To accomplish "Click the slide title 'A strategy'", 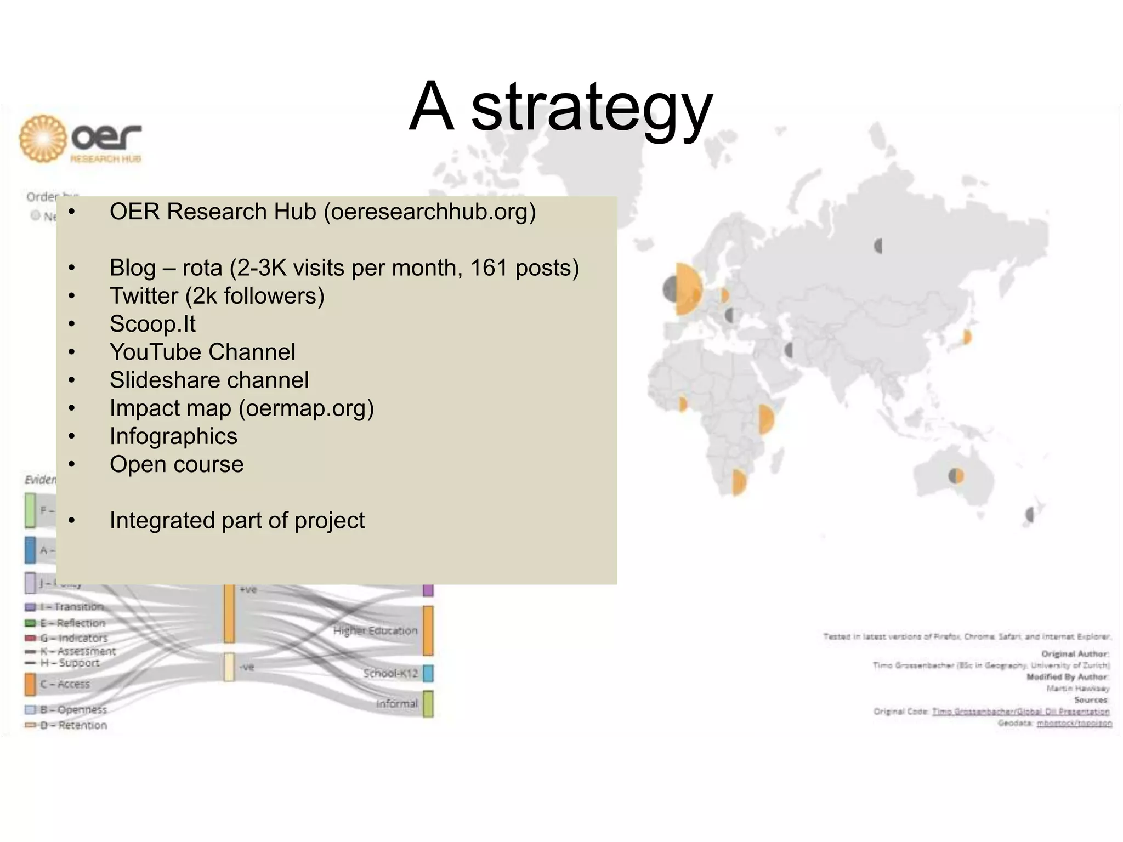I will point(560,107).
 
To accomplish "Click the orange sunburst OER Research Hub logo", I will point(43,138).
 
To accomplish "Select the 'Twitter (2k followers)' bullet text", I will point(217,296).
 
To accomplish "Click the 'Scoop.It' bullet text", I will point(152,324).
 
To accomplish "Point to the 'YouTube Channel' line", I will point(202,352).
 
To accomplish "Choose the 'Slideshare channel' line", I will point(209,380).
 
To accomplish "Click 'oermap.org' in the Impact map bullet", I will point(306,408).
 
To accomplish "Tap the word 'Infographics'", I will point(173,436).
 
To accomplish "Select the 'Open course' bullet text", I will point(177,464).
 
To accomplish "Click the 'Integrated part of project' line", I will point(237,521).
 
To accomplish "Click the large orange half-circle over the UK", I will point(689,289).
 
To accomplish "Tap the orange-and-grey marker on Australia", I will point(956,475).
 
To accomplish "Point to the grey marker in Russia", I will point(878,246).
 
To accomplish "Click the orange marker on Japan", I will point(967,337).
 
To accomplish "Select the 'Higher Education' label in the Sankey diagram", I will point(375,631).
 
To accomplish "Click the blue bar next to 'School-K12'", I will point(428,673).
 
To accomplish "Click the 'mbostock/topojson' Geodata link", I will point(1074,724).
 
